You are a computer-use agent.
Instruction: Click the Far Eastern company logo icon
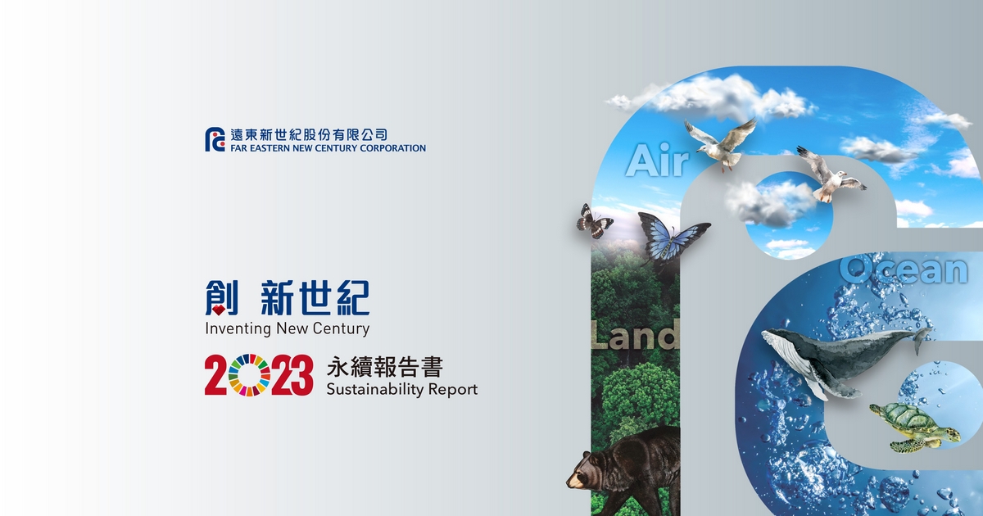[x=215, y=139]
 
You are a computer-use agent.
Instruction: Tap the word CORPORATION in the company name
[x=392, y=148]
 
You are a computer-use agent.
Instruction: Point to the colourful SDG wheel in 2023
[x=249, y=375]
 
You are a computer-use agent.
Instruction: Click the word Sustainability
[x=375, y=390]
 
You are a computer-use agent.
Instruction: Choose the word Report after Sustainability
[x=453, y=390]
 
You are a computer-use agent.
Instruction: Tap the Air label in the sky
[x=657, y=161]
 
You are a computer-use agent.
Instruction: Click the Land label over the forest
[x=635, y=335]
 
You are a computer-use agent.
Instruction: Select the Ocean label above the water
[x=904, y=269]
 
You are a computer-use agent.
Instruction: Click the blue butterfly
[x=672, y=239]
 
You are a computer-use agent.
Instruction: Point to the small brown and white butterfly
[x=594, y=221]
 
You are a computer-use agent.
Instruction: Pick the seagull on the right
[x=829, y=175]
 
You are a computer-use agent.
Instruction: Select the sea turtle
[x=915, y=427]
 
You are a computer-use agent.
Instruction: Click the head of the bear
[x=586, y=472]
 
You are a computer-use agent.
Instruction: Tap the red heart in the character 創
[x=219, y=310]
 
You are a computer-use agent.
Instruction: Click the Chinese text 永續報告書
[x=384, y=367]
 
